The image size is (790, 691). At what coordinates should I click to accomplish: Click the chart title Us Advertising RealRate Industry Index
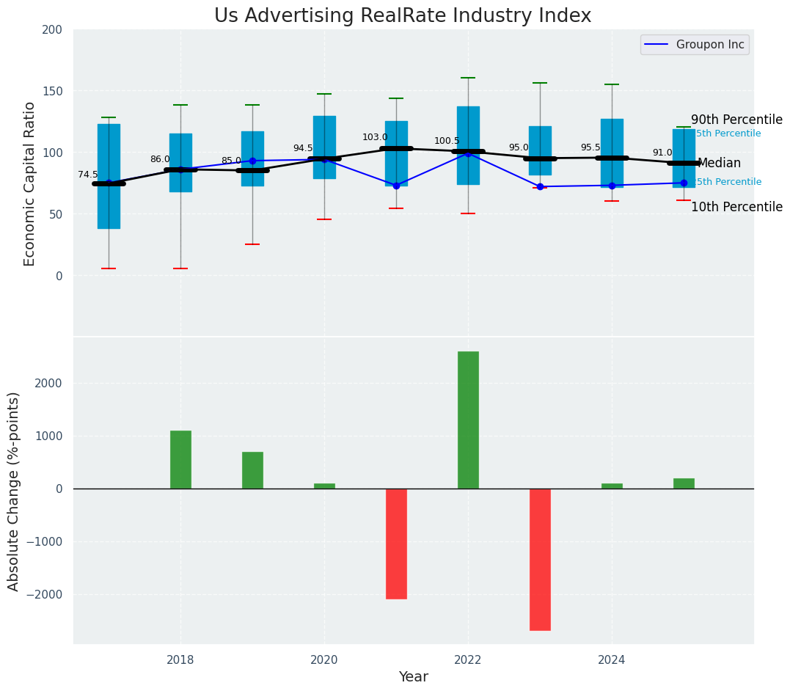[402, 16]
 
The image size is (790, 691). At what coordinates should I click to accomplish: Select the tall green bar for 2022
[468, 420]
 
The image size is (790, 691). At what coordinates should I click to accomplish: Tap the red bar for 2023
[540, 559]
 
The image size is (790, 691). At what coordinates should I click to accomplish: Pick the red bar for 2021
[396, 544]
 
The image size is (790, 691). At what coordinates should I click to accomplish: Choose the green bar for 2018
[180, 459]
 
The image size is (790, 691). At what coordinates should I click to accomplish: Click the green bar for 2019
[252, 470]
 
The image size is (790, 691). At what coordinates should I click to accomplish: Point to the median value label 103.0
[375, 137]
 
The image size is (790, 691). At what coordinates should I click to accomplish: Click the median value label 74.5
[88, 175]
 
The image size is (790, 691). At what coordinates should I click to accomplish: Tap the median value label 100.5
[447, 141]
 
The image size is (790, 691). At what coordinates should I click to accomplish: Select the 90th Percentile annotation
[736, 120]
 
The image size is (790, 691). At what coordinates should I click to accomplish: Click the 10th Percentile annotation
[736, 207]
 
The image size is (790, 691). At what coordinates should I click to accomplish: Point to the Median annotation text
[719, 164]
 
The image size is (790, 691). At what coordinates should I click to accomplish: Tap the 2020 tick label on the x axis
[324, 659]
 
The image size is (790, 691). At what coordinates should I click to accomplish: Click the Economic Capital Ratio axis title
[30, 183]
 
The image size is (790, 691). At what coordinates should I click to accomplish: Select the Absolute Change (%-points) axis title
[14, 491]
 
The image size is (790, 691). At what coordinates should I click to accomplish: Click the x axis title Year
[413, 677]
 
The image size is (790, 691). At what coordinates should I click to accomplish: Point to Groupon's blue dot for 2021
[396, 186]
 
